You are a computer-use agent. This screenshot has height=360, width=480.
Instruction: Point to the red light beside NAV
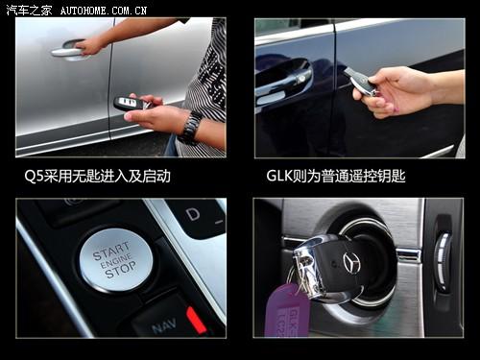[196, 320]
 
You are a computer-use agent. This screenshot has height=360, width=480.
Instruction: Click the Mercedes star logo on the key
[351, 262]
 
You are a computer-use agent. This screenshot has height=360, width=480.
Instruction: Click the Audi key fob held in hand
[131, 103]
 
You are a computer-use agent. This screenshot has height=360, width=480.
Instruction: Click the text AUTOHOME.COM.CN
[103, 11]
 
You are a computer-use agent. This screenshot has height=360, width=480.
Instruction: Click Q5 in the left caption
[35, 176]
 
